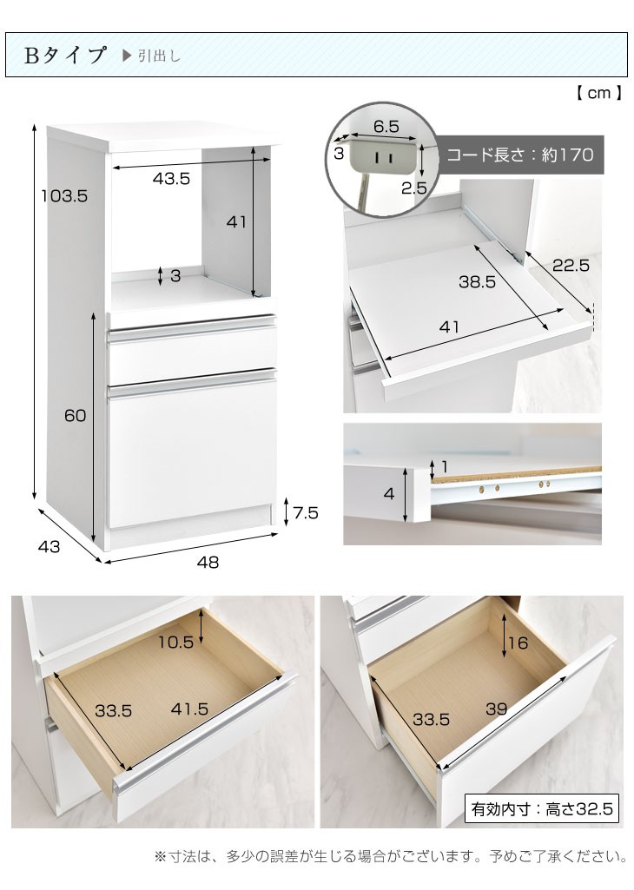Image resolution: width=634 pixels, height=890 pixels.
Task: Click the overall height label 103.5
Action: (x=64, y=196)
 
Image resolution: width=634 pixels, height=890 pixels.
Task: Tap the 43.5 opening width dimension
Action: (x=171, y=178)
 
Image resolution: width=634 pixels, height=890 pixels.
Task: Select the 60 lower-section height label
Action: (x=75, y=416)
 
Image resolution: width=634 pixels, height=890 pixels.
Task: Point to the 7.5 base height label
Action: (x=306, y=512)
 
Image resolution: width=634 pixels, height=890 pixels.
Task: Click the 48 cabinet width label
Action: (x=208, y=562)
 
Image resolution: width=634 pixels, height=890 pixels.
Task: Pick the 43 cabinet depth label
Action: (x=49, y=546)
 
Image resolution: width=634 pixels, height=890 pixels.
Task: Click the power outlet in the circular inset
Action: (x=381, y=156)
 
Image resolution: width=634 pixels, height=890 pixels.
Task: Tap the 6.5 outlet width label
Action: (x=386, y=126)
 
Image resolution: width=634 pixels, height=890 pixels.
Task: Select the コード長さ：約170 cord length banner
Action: (x=520, y=155)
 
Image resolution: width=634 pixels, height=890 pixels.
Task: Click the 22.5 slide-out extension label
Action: (x=571, y=265)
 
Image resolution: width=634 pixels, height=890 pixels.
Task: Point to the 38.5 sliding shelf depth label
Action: (x=477, y=281)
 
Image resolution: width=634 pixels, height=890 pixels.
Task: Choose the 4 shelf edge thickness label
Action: (x=389, y=493)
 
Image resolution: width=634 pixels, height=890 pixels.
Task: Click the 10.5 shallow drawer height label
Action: (x=175, y=642)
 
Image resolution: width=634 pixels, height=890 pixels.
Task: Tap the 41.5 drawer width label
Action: (x=189, y=709)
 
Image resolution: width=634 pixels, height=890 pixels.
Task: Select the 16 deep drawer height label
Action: (x=518, y=643)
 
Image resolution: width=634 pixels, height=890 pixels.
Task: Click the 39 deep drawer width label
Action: (x=496, y=709)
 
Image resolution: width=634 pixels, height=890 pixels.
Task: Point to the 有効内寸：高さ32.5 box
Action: (x=541, y=808)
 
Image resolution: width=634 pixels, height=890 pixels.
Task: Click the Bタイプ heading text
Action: (x=65, y=55)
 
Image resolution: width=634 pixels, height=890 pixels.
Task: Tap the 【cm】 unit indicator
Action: (x=598, y=93)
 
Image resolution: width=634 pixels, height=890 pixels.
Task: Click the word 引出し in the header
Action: (x=159, y=56)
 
